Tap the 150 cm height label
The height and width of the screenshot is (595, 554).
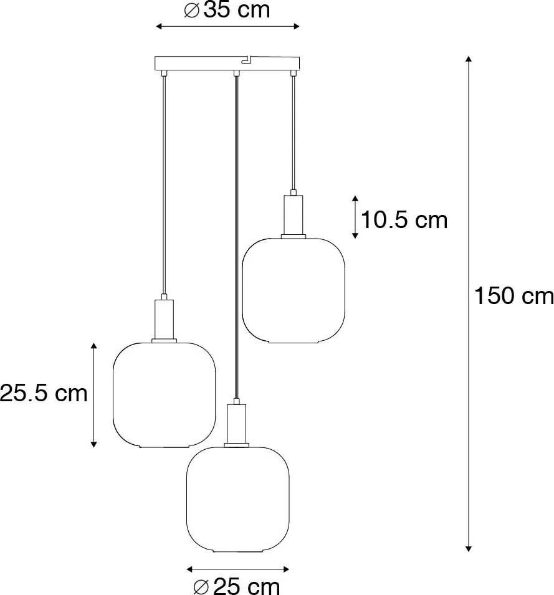[513, 296]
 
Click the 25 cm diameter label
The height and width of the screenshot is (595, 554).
[237, 585]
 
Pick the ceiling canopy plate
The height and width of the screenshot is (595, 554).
[227, 64]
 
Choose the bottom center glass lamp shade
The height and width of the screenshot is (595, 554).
[237, 498]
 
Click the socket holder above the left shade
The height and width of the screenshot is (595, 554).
[164, 318]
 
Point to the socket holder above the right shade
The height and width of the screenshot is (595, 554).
[293, 214]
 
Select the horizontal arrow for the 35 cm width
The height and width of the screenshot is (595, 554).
[227, 26]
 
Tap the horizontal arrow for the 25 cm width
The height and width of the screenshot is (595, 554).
[237, 568]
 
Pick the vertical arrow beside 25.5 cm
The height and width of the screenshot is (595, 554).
[93, 394]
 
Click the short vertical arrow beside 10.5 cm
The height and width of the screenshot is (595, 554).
[355, 217]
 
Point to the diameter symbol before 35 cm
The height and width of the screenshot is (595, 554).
[193, 11]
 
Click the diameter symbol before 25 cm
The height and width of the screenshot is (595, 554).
[201, 586]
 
